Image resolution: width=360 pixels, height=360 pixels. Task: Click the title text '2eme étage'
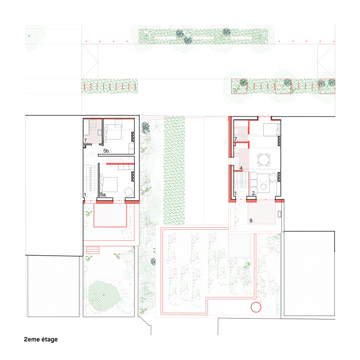click(41, 339)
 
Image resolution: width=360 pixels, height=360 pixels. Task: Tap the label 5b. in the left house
click(107, 151)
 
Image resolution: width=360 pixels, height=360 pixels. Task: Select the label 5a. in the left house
click(103, 195)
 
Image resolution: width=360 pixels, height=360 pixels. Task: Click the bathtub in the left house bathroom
click(86, 127)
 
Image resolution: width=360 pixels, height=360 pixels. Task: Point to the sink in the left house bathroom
click(99, 132)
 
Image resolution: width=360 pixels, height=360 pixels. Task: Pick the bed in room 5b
click(113, 132)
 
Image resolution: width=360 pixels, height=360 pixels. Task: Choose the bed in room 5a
click(109, 184)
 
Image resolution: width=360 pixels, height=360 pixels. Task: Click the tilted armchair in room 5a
click(129, 192)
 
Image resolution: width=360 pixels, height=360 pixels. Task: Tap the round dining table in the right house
click(264, 160)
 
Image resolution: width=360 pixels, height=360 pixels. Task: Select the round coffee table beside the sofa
click(264, 187)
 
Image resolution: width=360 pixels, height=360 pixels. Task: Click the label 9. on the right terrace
click(252, 220)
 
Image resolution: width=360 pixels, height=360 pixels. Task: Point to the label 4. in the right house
click(241, 168)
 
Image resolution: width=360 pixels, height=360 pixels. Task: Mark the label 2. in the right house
click(253, 193)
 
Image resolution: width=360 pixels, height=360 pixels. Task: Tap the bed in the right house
click(271, 130)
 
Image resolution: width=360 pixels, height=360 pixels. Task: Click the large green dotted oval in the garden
click(104, 296)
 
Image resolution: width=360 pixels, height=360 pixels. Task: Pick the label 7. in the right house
click(236, 139)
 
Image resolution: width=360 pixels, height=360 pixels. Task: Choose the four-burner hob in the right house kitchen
click(237, 154)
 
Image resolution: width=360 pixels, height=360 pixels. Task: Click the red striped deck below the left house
click(110, 216)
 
